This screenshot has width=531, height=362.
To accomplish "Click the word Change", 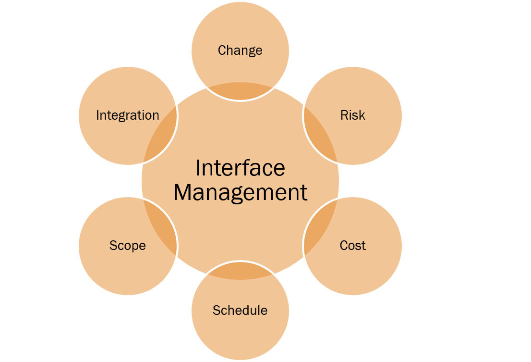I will coord(240,50).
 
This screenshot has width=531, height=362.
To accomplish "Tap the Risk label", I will coord(353,115).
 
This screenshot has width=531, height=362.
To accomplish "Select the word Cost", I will coord(353,246).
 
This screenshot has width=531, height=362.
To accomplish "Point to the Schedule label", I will coord(240,311).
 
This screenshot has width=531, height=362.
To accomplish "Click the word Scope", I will coord(128,246).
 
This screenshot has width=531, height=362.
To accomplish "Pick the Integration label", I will coord(128,115).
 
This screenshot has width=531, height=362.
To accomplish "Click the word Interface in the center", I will coord(240,168).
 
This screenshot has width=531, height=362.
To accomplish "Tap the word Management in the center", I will coord(240,192).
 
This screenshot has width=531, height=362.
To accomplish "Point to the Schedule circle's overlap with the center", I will coord(240,271).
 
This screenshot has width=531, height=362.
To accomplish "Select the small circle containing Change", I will coord(240,29).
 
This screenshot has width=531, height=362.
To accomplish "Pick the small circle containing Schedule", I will coord(240,337).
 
